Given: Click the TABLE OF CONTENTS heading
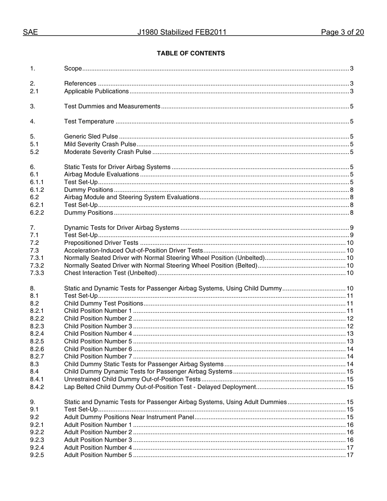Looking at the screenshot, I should (191, 53).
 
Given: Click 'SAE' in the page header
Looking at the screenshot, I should (30, 33).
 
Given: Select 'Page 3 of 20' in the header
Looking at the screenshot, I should (342, 33).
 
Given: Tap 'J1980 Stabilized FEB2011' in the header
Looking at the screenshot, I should (182, 33).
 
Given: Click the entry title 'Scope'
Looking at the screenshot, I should (73, 68).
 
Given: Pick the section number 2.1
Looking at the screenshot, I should (34, 91).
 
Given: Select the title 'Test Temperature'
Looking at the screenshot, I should (89, 121).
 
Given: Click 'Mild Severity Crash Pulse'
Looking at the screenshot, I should (100, 144).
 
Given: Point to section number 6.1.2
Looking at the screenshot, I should (37, 190).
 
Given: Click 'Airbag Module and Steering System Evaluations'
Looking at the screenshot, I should (132, 197).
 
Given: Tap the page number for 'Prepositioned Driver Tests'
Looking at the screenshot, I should (350, 243).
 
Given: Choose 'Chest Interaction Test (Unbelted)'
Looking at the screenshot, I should (110, 273).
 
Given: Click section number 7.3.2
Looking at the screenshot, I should (37, 266).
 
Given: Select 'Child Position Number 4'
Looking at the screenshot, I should (98, 334).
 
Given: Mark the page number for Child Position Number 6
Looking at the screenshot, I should (350, 349).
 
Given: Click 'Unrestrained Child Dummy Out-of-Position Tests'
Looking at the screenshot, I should (132, 379).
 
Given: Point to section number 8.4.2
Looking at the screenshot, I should (37, 387).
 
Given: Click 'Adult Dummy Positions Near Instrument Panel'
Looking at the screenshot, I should (129, 417).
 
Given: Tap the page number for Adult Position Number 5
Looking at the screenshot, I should (350, 455).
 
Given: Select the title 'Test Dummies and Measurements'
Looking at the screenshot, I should (112, 106).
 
